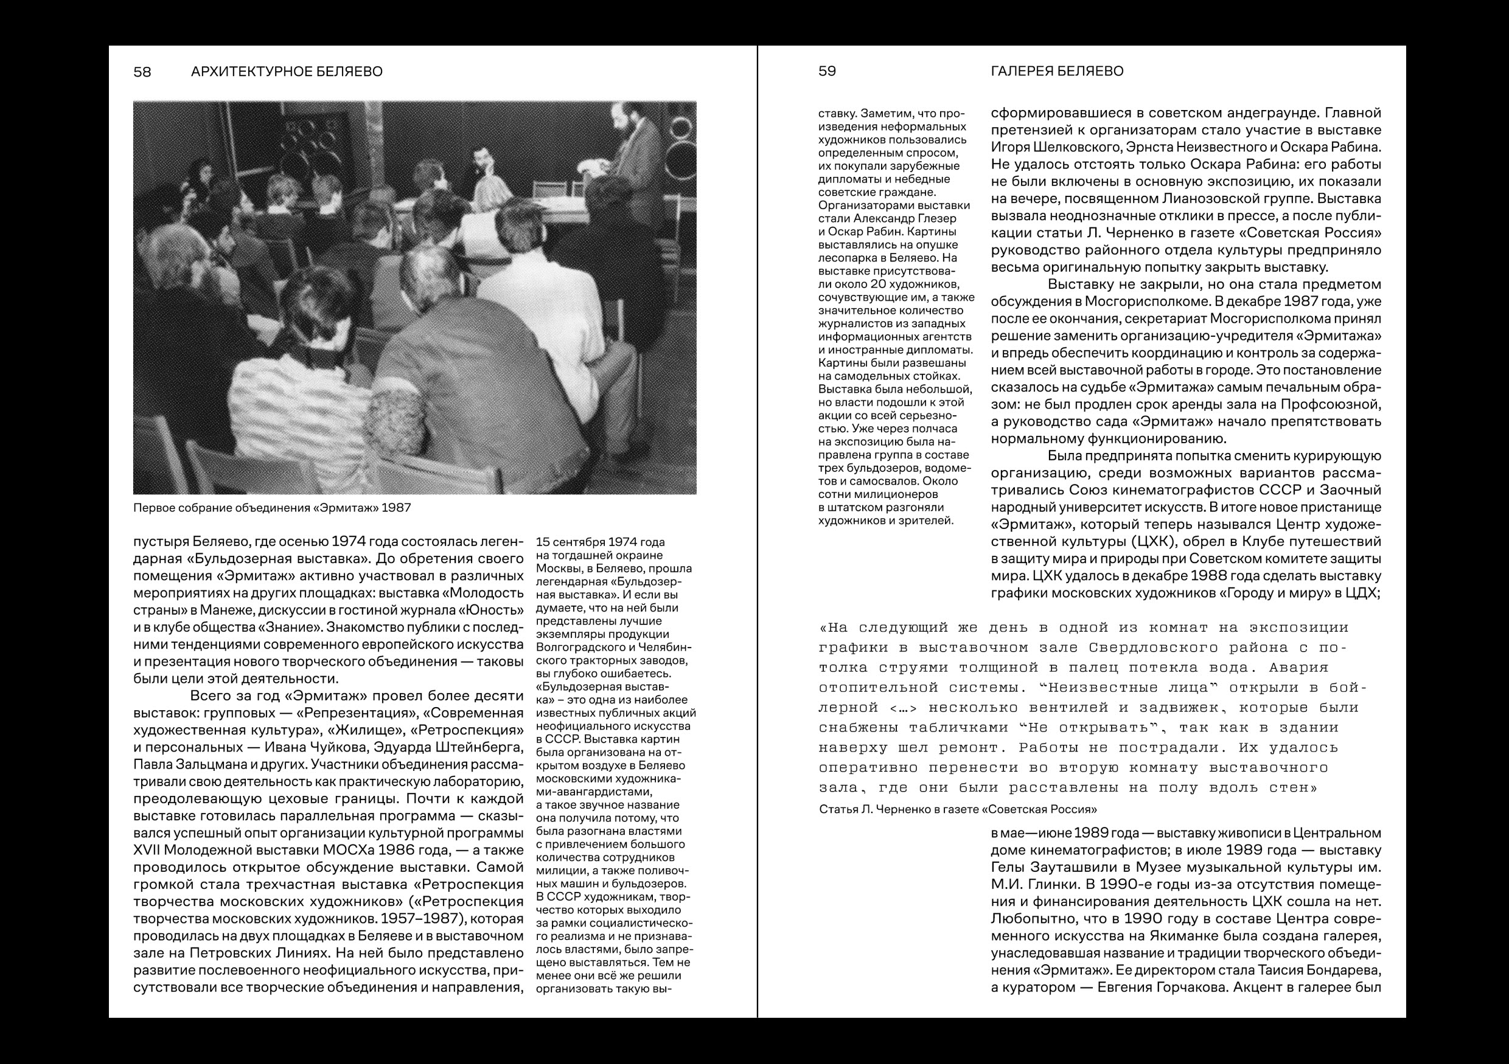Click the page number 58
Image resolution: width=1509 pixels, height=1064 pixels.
point(142,72)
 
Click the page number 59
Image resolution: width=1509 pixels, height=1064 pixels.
point(827,71)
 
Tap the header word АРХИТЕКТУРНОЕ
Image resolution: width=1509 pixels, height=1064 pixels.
point(246,72)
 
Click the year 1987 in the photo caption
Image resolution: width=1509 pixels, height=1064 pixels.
point(396,508)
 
